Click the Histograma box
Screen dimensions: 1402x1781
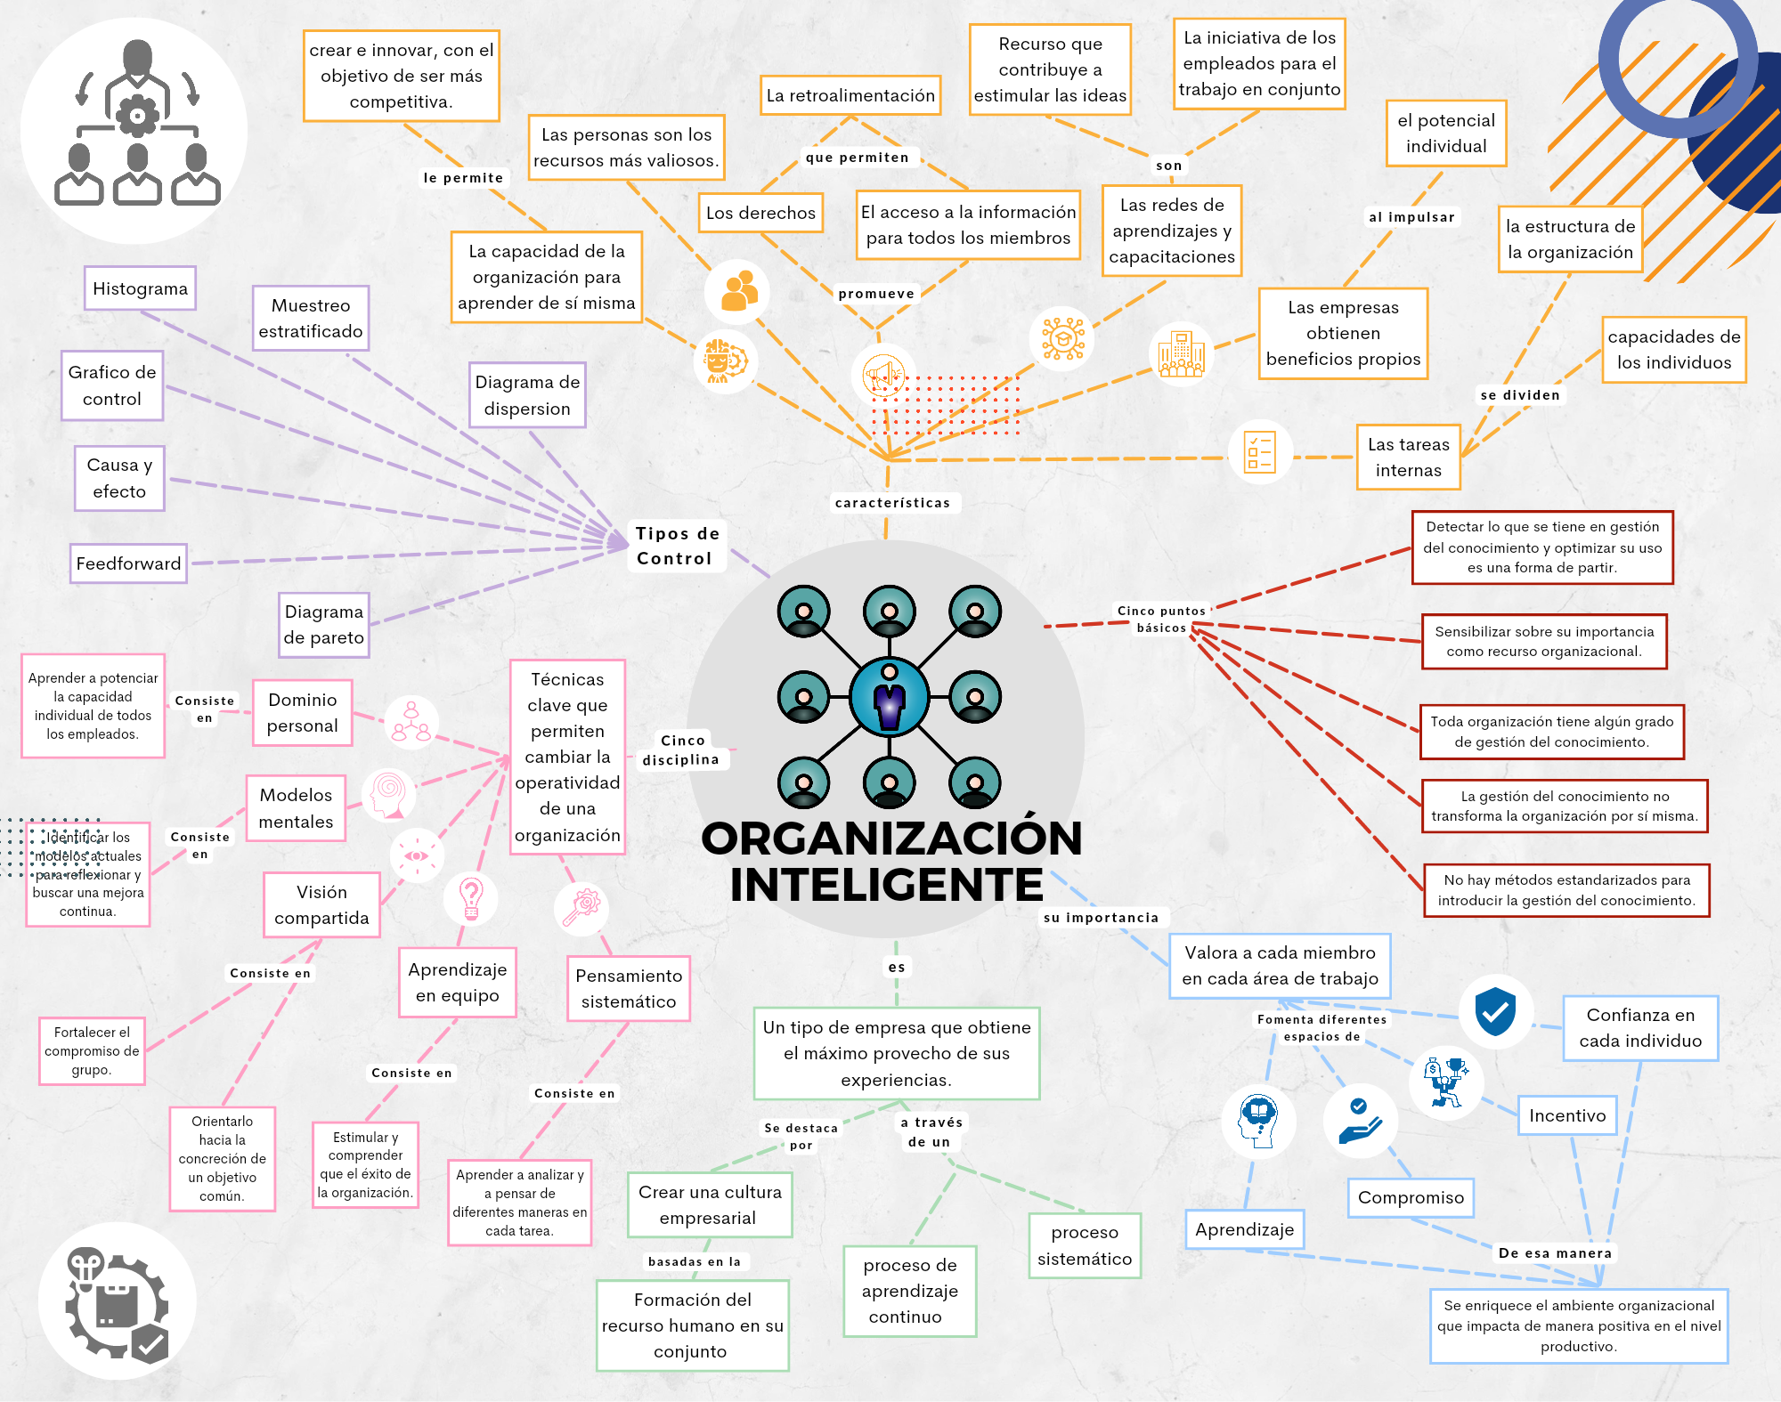(x=140, y=288)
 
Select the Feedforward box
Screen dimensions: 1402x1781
(x=128, y=563)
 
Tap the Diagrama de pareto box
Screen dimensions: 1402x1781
(x=323, y=625)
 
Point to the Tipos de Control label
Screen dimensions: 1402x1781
(x=677, y=546)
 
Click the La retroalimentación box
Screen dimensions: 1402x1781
(x=850, y=95)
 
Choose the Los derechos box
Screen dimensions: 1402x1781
(x=760, y=213)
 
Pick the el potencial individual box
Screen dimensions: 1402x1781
(x=1446, y=134)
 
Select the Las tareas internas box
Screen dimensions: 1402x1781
(x=1408, y=457)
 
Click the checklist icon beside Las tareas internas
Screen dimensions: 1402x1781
(x=1259, y=452)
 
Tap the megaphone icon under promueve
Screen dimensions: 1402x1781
(x=883, y=375)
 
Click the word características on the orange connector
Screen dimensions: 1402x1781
(x=892, y=503)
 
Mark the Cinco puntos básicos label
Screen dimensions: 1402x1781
(x=1161, y=619)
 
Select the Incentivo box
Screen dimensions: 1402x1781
(x=1567, y=1115)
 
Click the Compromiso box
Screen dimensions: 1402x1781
(x=1411, y=1197)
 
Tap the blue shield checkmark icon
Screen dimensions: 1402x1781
(x=1495, y=1011)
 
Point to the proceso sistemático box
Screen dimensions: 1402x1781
(x=1085, y=1245)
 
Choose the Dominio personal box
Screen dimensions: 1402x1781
(x=303, y=712)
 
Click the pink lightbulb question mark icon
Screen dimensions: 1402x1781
(x=470, y=898)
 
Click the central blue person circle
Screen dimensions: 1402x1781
(x=890, y=697)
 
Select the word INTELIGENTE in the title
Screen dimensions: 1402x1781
(x=886, y=885)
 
